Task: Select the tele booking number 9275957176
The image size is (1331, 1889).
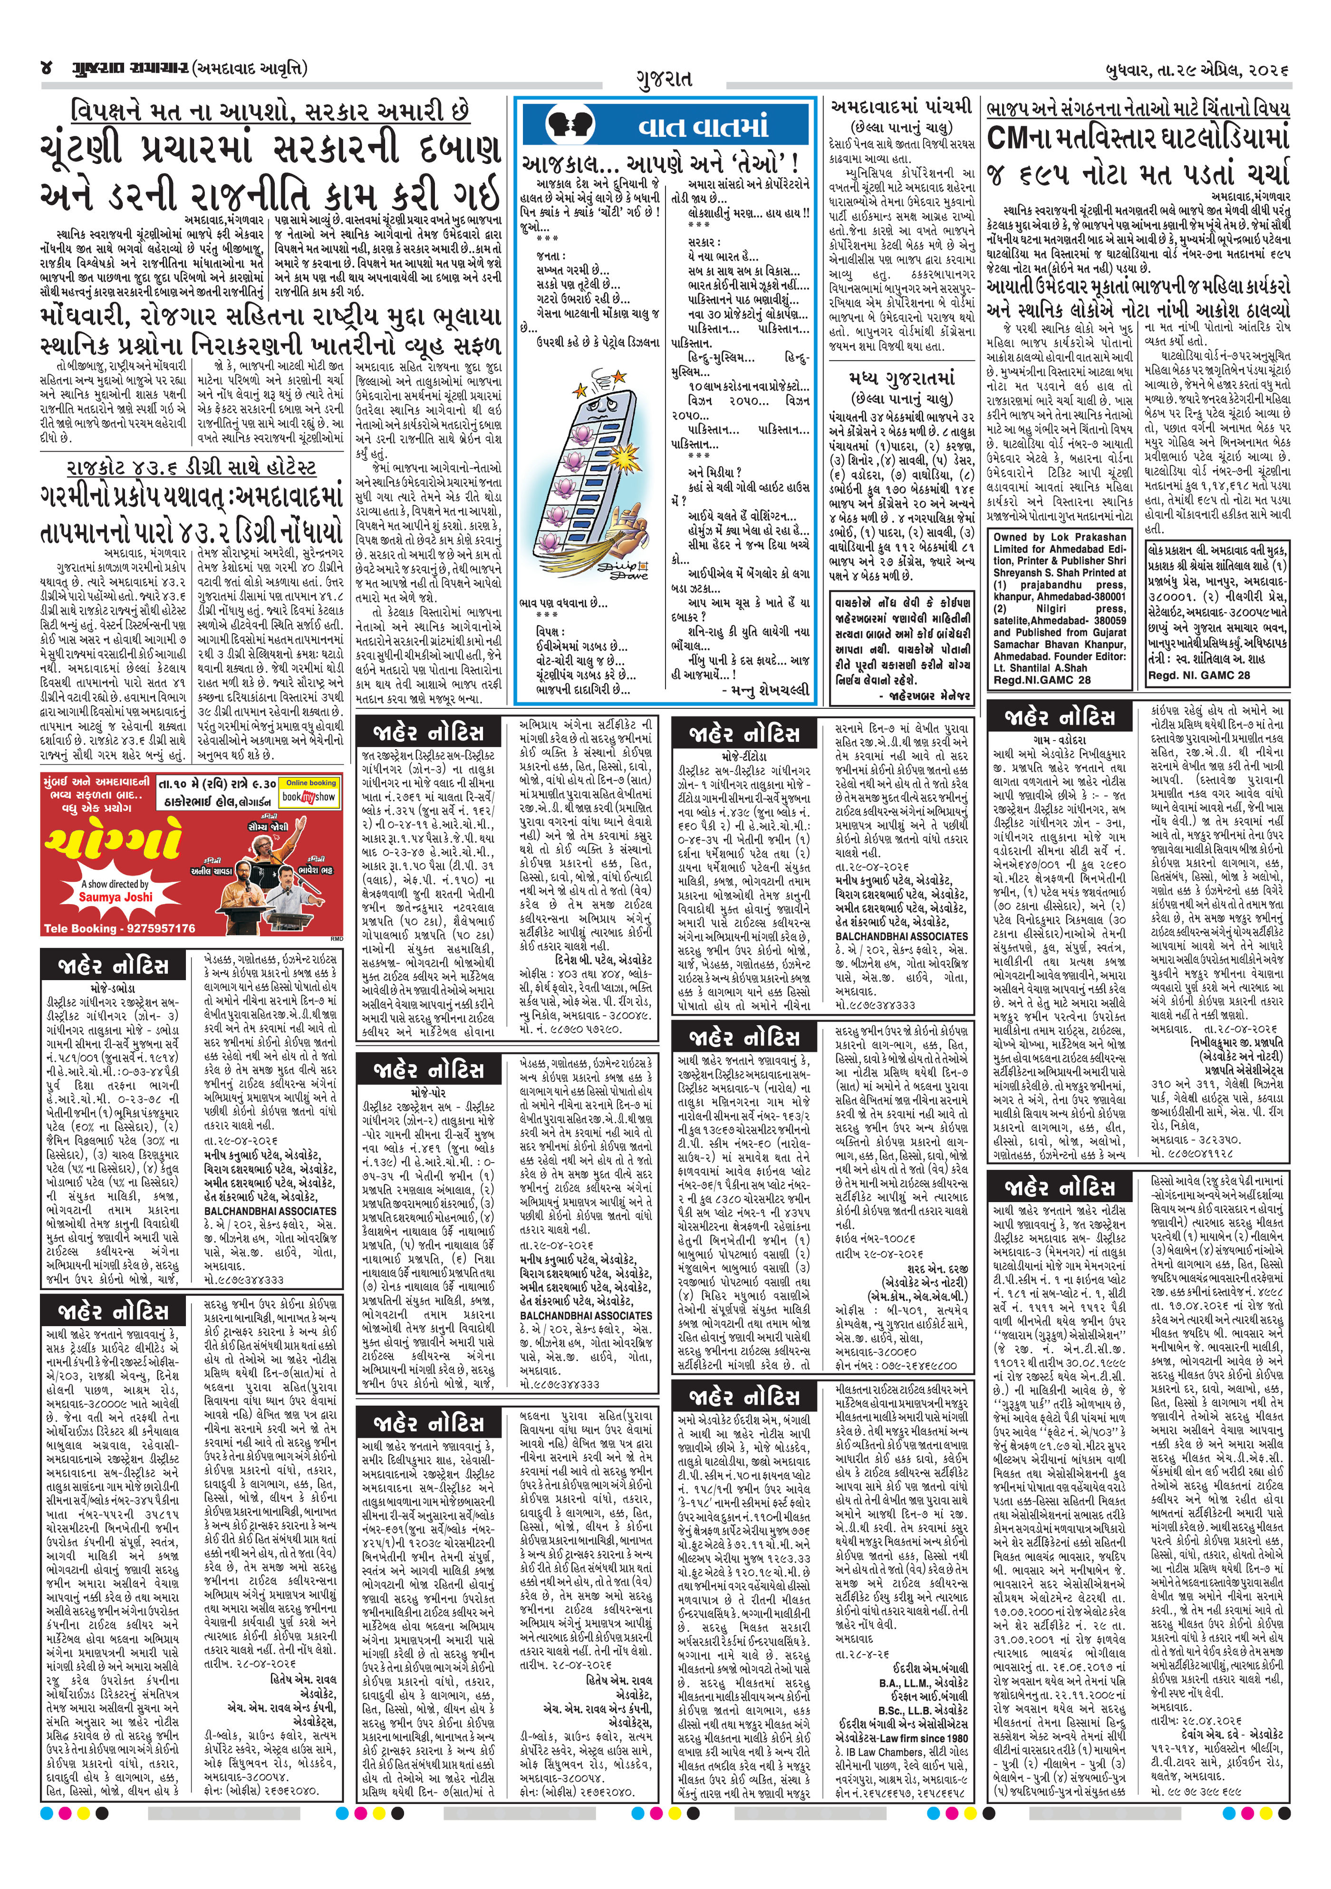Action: point(119,928)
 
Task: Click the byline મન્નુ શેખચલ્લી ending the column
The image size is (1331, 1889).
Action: point(765,689)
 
